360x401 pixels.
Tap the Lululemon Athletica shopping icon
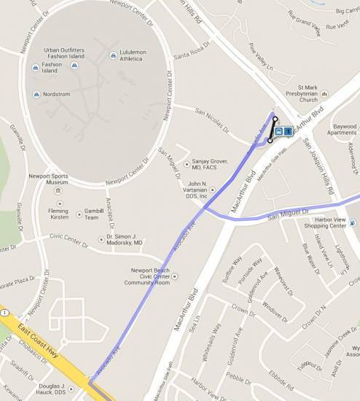coord(112,55)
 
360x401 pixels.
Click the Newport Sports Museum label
coord(48,182)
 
